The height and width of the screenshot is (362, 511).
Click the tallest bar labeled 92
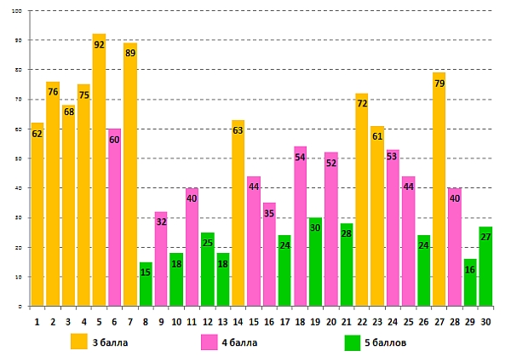point(99,170)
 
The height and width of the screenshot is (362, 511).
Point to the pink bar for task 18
point(300,226)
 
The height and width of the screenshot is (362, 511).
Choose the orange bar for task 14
point(238,213)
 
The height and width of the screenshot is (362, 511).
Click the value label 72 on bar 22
point(362,103)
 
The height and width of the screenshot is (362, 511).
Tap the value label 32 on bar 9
point(161,221)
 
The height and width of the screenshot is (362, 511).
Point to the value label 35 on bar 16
point(269,213)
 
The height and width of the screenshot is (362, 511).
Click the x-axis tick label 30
point(485,322)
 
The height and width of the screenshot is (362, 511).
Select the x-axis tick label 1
point(37,322)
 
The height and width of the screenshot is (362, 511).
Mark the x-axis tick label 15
point(254,322)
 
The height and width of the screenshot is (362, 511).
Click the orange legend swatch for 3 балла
point(78,342)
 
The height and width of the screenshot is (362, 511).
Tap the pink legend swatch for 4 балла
point(210,342)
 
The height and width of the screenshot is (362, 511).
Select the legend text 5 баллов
point(384,342)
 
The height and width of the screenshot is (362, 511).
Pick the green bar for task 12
point(207,269)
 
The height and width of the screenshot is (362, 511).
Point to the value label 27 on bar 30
point(485,237)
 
